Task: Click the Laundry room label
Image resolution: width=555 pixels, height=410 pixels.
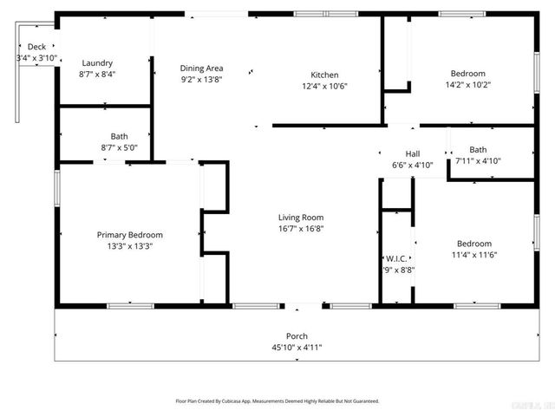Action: tap(97, 63)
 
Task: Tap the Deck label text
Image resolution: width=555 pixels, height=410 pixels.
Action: tap(36, 47)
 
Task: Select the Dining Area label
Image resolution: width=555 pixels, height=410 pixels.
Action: tap(202, 68)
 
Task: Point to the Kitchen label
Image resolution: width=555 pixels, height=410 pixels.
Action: tap(325, 75)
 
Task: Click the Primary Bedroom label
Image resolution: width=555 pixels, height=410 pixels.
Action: tap(129, 235)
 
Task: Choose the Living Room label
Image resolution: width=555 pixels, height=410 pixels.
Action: tap(301, 218)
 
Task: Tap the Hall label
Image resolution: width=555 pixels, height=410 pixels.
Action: tap(412, 153)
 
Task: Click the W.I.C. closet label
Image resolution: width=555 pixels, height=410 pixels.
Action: tap(397, 258)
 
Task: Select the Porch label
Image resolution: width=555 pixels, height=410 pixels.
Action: tap(297, 336)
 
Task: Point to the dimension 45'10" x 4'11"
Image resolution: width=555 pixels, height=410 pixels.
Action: tap(297, 348)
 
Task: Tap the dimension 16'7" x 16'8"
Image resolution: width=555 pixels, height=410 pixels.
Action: tap(301, 229)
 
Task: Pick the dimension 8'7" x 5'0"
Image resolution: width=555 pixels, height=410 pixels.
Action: tap(119, 147)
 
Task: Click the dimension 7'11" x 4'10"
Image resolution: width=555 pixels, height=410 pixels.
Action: tap(478, 160)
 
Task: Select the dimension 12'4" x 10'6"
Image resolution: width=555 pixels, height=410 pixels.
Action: tap(325, 86)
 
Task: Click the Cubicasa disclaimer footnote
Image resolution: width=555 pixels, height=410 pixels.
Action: tap(277, 401)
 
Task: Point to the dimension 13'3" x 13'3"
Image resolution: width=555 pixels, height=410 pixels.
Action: tap(129, 246)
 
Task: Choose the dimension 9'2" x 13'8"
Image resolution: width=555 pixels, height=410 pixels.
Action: tap(202, 80)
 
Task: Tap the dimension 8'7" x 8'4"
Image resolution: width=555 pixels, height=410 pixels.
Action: tap(97, 75)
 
